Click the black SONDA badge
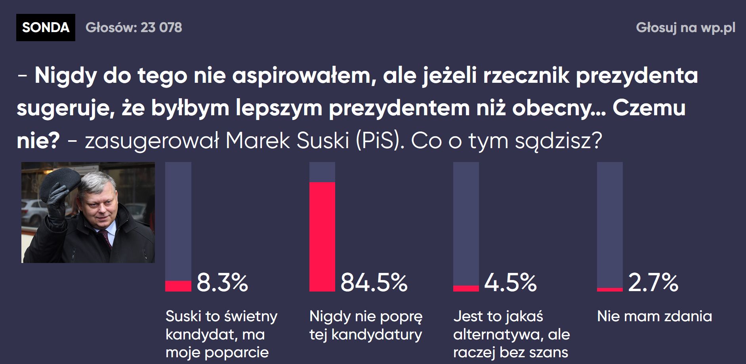46,27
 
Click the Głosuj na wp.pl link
685,27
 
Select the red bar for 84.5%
322,236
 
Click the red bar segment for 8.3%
178,286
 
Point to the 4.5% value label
510,282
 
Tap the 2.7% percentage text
653,282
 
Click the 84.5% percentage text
374,282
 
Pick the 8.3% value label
222,282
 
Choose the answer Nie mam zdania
654,316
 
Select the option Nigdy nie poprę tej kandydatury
366,325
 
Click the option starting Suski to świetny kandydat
221,334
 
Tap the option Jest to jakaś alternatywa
511,334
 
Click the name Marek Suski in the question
288,140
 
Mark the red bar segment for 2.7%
610,290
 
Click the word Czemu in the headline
649,108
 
